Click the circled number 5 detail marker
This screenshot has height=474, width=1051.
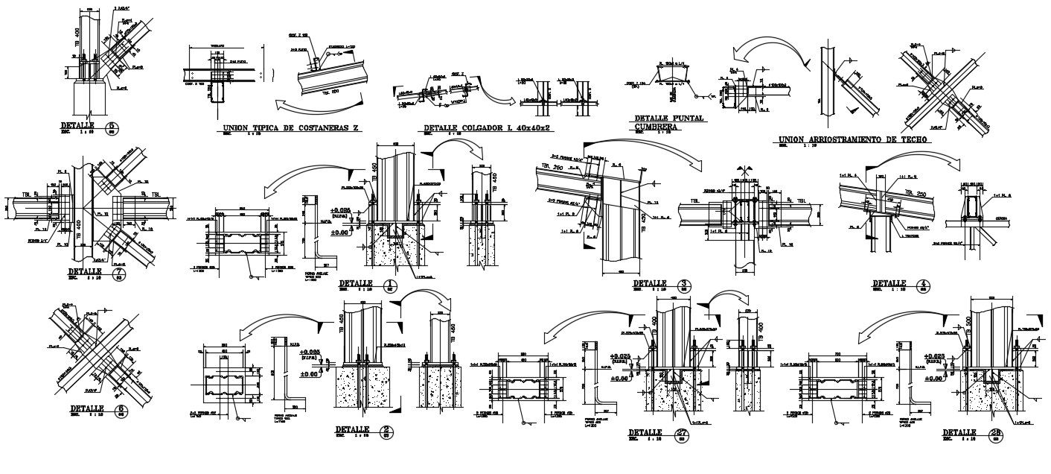(112, 127)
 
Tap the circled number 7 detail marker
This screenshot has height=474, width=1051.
(118, 274)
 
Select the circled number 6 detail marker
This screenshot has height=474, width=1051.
(121, 410)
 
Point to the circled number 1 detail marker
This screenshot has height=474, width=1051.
(390, 285)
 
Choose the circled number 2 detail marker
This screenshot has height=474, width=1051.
(386, 431)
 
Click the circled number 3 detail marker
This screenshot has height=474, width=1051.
(683, 285)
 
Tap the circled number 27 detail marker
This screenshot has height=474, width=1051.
(680, 434)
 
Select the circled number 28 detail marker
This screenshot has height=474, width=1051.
(994, 434)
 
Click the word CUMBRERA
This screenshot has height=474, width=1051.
(657, 127)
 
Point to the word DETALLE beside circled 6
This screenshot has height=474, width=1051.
(87, 409)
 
